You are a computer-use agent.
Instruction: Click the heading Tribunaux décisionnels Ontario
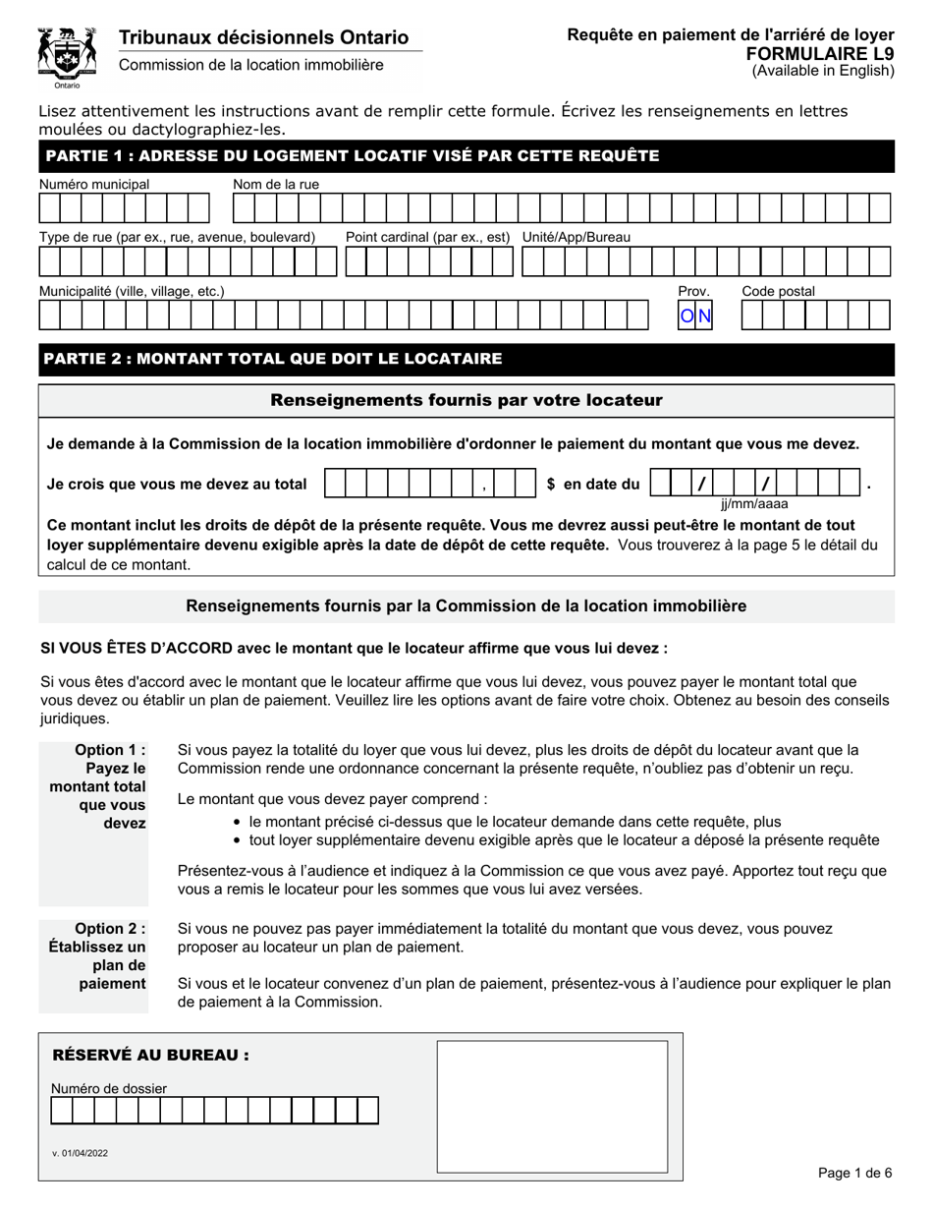pos(263,37)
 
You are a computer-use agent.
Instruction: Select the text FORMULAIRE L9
pos(820,53)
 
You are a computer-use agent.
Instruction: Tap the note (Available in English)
pos(823,71)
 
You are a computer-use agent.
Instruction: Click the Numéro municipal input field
pos(125,208)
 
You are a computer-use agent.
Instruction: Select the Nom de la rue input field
pos(562,208)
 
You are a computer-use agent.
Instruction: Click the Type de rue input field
pos(188,261)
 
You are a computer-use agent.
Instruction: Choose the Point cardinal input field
pos(428,261)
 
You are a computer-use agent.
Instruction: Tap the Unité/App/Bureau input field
pos(706,261)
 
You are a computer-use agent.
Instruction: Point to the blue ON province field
pos(696,316)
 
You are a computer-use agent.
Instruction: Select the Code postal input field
pos(815,315)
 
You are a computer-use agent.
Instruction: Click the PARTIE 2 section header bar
pos(466,359)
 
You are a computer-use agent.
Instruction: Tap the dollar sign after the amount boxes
pos(551,485)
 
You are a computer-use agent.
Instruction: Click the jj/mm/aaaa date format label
pos(754,504)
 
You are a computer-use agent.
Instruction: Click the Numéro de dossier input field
pos(215,1111)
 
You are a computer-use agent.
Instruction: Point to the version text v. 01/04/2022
pos(81,1153)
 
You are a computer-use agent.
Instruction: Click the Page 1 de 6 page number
pos(854,1173)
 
